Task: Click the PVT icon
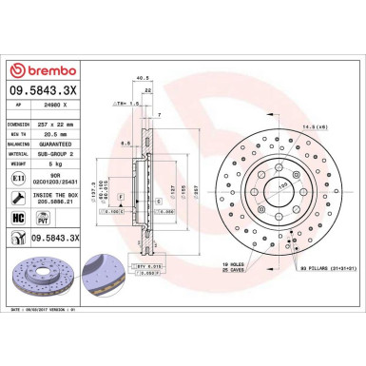44,220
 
